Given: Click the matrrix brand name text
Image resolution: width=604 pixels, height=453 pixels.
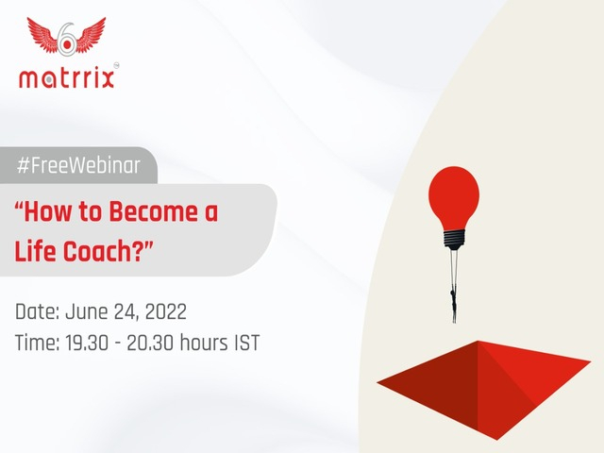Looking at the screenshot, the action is coord(67,78).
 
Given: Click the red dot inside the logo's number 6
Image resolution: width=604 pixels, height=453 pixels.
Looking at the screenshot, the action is coord(67,45).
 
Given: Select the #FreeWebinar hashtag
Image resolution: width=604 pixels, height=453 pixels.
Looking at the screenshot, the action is coord(78,166).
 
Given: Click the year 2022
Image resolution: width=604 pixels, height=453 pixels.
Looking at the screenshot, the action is coord(166,311).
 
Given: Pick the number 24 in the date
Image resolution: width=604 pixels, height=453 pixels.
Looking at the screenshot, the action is coord(128,311).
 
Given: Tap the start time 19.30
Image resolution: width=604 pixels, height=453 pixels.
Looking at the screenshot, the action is coord(87,343).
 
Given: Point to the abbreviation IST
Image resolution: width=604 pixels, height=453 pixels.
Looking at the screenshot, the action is coord(247,343).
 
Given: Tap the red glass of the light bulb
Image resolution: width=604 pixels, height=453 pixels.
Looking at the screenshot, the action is coord(454,197).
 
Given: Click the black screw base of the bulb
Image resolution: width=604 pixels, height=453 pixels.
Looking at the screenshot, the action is coord(454,239).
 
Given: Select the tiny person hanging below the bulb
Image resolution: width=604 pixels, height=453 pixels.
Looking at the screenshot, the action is coord(453,300).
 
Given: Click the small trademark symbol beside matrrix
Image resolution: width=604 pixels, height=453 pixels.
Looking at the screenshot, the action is coord(116,66).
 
